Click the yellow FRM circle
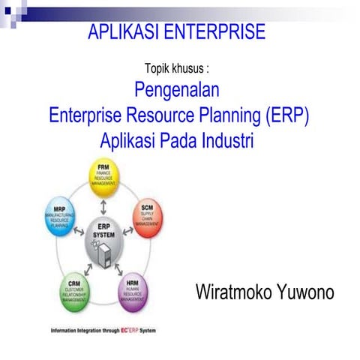click(104, 177)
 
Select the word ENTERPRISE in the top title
click(215, 32)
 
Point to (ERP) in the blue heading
click(286, 116)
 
